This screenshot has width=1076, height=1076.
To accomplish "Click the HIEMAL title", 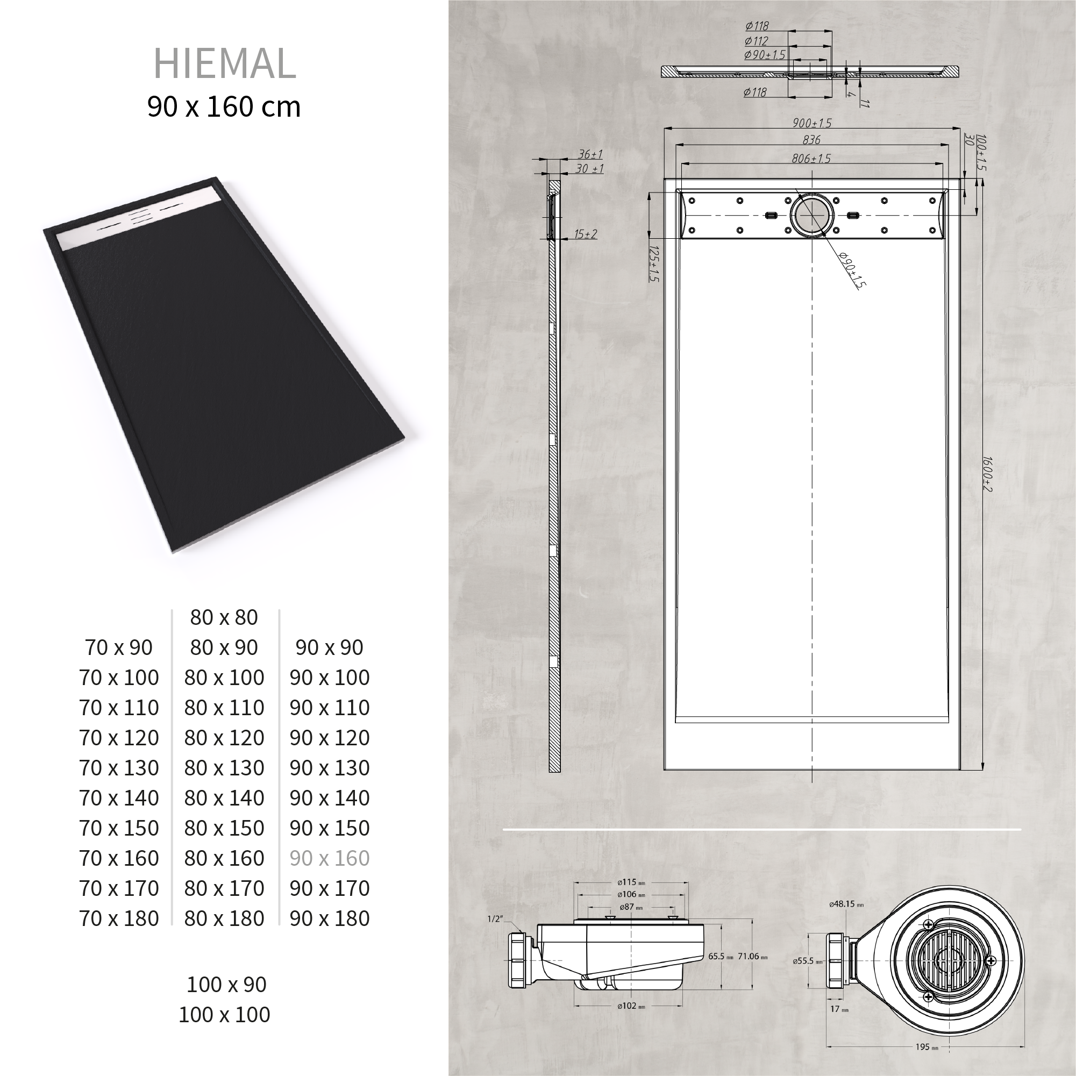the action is [224, 63].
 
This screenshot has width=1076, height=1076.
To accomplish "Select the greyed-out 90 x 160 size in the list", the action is [330, 858].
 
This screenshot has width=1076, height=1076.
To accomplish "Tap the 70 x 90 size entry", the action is [119, 647].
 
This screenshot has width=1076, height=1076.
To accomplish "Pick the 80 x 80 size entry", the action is [224, 617].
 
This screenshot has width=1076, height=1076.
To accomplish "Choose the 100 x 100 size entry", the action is [224, 1015].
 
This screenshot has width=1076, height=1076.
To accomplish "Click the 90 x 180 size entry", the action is [330, 918].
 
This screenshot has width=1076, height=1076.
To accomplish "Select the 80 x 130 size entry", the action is [224, 768].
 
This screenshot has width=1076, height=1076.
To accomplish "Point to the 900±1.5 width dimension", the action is [812, 123].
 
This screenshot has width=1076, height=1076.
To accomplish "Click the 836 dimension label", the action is [812, 140].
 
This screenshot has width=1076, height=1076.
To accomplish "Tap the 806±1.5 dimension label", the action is [811, 159].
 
